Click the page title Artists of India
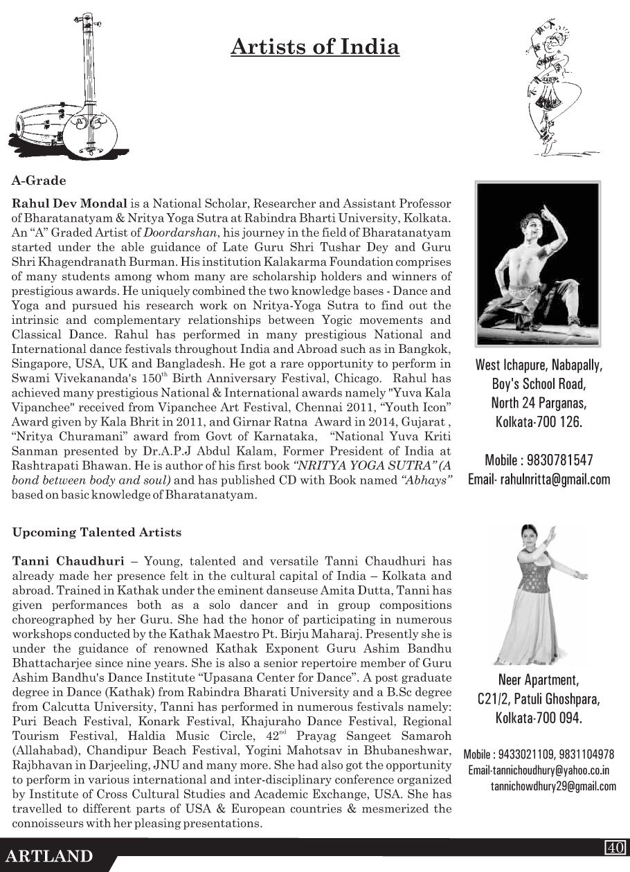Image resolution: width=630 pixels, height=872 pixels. tap(315, 47)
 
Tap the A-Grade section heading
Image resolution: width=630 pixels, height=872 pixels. tap(39, 181)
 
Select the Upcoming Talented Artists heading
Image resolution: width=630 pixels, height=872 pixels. tap(97, 532)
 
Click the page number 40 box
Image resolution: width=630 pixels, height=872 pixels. tap(615, 847)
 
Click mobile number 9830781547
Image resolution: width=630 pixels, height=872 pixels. tap(539, 461)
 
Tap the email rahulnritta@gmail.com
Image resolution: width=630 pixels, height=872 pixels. tap(539, 479)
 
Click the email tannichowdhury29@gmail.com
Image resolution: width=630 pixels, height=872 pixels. tap(553, 786)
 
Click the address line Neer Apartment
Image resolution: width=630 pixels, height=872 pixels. tap(538, 680)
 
